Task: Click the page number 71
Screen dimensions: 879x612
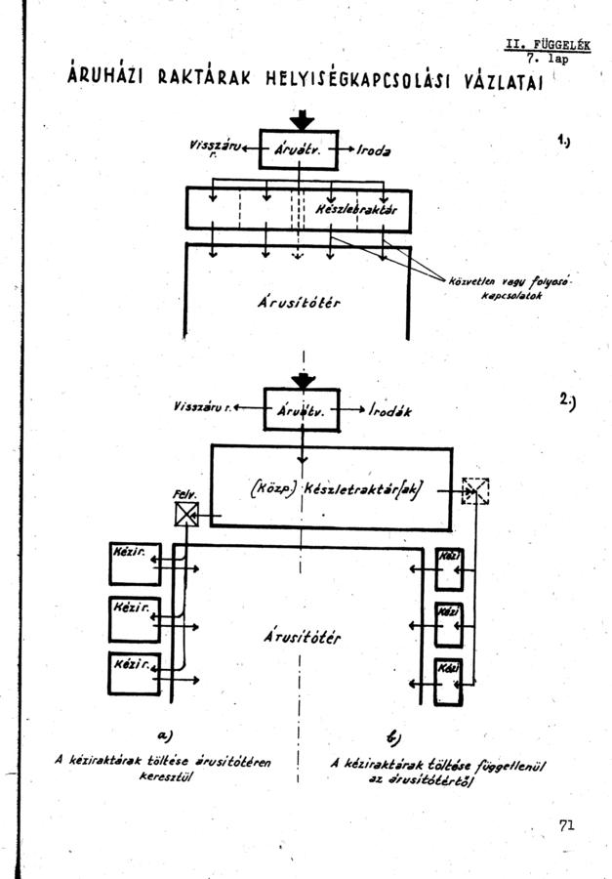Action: pyautogui.click(x=566, y=825)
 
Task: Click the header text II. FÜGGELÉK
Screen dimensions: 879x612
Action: pyautogui.click(x=549, y=44)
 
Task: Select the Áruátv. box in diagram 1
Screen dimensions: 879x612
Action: pyautogui.click(x=299, y=150)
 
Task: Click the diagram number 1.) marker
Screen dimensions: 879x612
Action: pyautogui.click(x=563, y=143)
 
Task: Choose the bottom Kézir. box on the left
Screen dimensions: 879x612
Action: pyautogui.click(x=136, y=674)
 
